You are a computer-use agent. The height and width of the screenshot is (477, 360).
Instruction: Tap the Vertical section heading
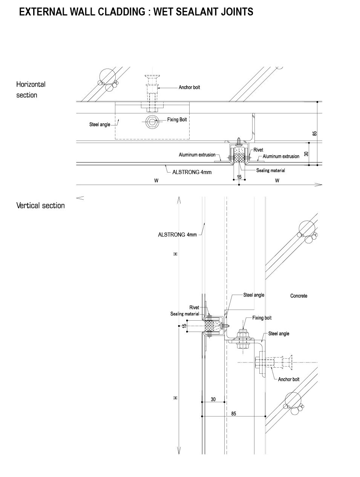(x=40, y=206)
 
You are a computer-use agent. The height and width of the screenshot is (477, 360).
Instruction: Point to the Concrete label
(x=299, y=296)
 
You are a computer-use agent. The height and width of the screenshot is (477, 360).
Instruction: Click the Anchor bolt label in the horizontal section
(x=189, y=87)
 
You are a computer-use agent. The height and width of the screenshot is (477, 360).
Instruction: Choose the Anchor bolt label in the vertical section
(x=289, y=379)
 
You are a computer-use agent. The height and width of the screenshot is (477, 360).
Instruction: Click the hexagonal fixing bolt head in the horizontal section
(x=152, y=122)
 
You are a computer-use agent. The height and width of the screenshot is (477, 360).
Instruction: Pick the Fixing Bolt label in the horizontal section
(x=177, y=120)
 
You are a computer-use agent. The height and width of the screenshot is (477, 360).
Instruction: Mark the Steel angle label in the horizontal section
(x=100, y=125)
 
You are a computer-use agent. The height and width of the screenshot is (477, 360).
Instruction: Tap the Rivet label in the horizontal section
(x=258, y=150)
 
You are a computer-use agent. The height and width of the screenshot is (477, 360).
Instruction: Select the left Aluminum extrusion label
(x=197, y=155)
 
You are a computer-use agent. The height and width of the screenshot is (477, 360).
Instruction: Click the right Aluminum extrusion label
(x=281, y=156)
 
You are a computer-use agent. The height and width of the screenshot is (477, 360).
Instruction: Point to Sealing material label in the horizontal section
(x=271, y=171)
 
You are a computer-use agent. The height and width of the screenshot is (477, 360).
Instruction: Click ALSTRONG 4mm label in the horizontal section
(x=192, y=172)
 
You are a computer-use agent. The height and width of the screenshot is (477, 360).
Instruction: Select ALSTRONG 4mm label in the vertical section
(x=177, y=235)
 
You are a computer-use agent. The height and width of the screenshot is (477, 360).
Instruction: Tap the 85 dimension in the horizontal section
(x=315, y=133)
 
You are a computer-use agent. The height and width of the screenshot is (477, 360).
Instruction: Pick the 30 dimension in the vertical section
(x=213, y=399)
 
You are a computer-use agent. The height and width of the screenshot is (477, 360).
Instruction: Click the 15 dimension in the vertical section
(x=184, y=326)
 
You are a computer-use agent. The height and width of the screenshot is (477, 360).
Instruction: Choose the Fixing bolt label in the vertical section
(x=262, y=318)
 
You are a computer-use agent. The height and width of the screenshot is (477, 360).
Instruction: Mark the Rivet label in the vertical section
(x=194, y=308)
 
